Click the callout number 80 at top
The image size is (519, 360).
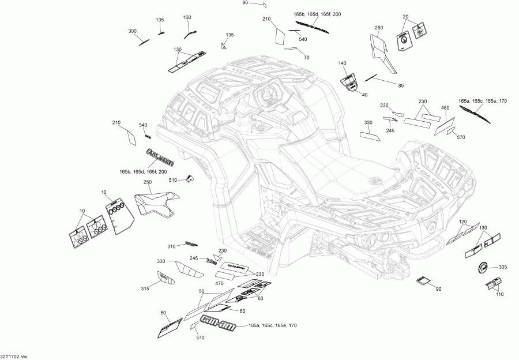[245, 3]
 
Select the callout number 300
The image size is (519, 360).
[133, 31]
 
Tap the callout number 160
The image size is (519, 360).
[187, 17]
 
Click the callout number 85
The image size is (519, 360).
[401, 86]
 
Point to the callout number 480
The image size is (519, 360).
[445, 108]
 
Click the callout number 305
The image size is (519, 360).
[503, 267]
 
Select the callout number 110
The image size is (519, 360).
[500, 294]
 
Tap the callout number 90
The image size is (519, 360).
[439, 289]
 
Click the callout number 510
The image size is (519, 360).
[173, 181]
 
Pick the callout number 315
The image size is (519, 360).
[145, 289]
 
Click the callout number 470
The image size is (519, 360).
[204, 284]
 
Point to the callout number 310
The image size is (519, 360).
[171, 247]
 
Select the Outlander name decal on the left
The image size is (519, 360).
[158, 156]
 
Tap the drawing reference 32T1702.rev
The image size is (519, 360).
[14, 357]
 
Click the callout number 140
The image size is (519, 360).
[342, 63]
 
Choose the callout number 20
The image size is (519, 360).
[405, 17]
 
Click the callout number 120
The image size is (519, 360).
[462, 222]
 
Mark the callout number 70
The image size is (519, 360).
[306, 58]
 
